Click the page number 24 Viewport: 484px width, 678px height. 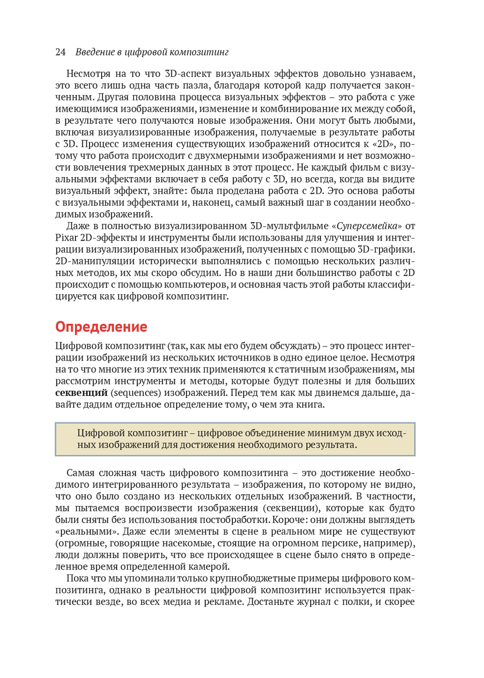pyautogui.click(x=60, y=52)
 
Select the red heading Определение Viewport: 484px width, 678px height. pyautogui.click(x=101, y=327)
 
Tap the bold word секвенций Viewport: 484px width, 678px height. pyautogui.click(x=81, y=392)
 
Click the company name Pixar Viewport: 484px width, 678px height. pyautogui.click(x=66, y=238)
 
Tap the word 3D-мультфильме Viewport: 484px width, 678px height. pyautogui.click(x=288, y=226)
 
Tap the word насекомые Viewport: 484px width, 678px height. pyautogui.click(x=189, y=543)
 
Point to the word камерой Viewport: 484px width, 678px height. pyautogui.click(x=209, y=567)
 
